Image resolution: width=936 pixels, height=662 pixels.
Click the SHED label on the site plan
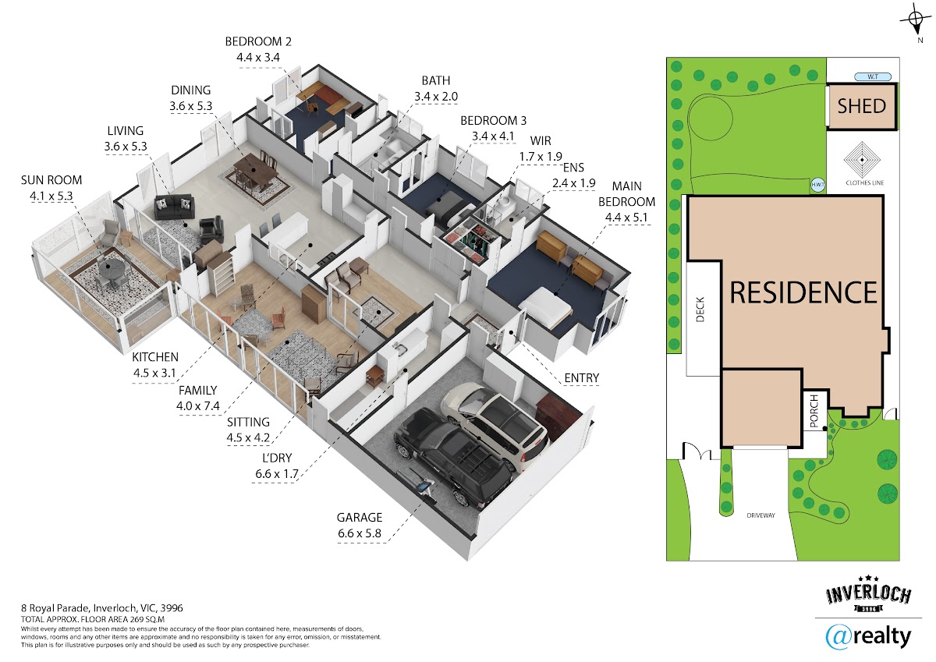861,106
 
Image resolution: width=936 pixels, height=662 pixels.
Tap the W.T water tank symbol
873,77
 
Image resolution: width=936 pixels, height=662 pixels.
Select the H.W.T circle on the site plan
817,185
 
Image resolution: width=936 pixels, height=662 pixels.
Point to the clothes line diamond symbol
862,160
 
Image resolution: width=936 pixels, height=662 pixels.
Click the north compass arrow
916,22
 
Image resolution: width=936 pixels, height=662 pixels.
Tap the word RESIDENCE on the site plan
803,292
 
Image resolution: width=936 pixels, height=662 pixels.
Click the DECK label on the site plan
700,310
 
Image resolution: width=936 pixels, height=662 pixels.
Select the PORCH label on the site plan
814,412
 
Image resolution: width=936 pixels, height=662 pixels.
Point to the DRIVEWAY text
760,515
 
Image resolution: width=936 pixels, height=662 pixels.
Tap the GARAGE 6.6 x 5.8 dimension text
360,526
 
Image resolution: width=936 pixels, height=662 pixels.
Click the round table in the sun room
109,267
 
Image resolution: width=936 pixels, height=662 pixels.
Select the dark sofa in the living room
174,207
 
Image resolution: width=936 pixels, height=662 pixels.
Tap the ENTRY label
581,378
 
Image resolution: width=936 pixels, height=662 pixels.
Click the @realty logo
868,638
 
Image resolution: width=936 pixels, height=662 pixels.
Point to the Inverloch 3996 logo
869,594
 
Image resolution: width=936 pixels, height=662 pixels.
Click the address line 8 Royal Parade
102,608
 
